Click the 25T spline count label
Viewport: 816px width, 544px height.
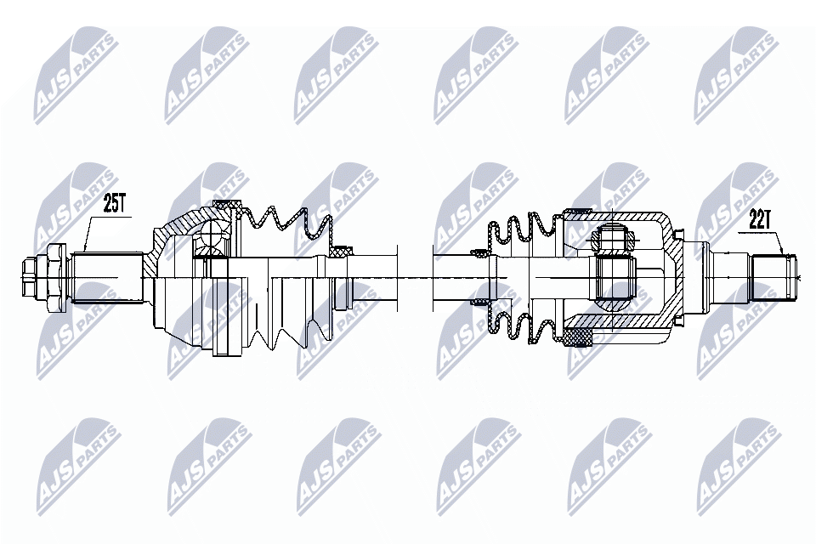tap(115, 204)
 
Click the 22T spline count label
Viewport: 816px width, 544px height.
tap(759, 220)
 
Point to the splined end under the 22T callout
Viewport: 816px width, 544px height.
tap(774, 277)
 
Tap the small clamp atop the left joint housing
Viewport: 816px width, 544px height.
tap(228, 205)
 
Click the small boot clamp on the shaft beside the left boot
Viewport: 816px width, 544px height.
tap(342, 251)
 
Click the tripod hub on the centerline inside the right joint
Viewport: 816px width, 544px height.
tap(614, 277)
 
